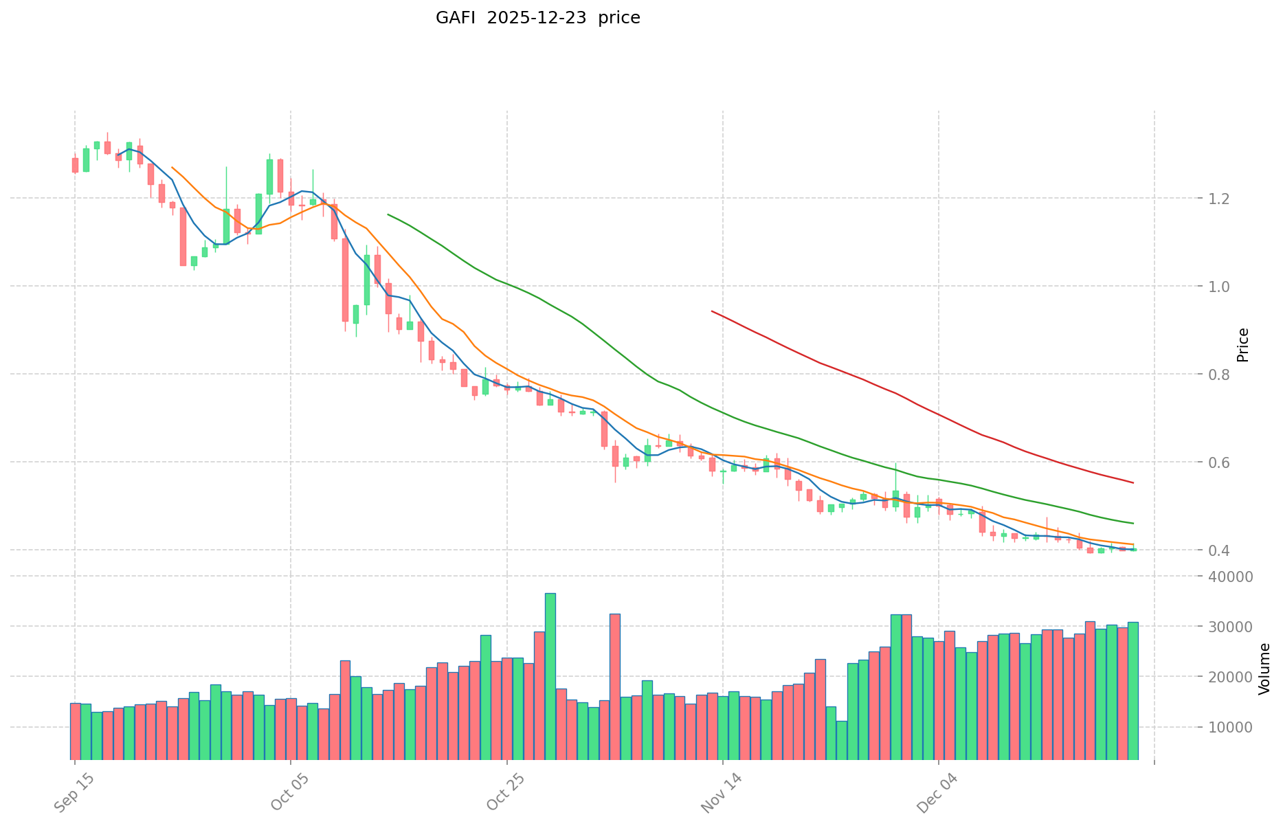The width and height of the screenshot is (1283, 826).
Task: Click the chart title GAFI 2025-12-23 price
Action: (537, 18)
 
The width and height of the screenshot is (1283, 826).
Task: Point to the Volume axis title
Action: (1264, 669)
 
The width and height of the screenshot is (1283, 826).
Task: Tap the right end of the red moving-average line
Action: (1133, 482)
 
